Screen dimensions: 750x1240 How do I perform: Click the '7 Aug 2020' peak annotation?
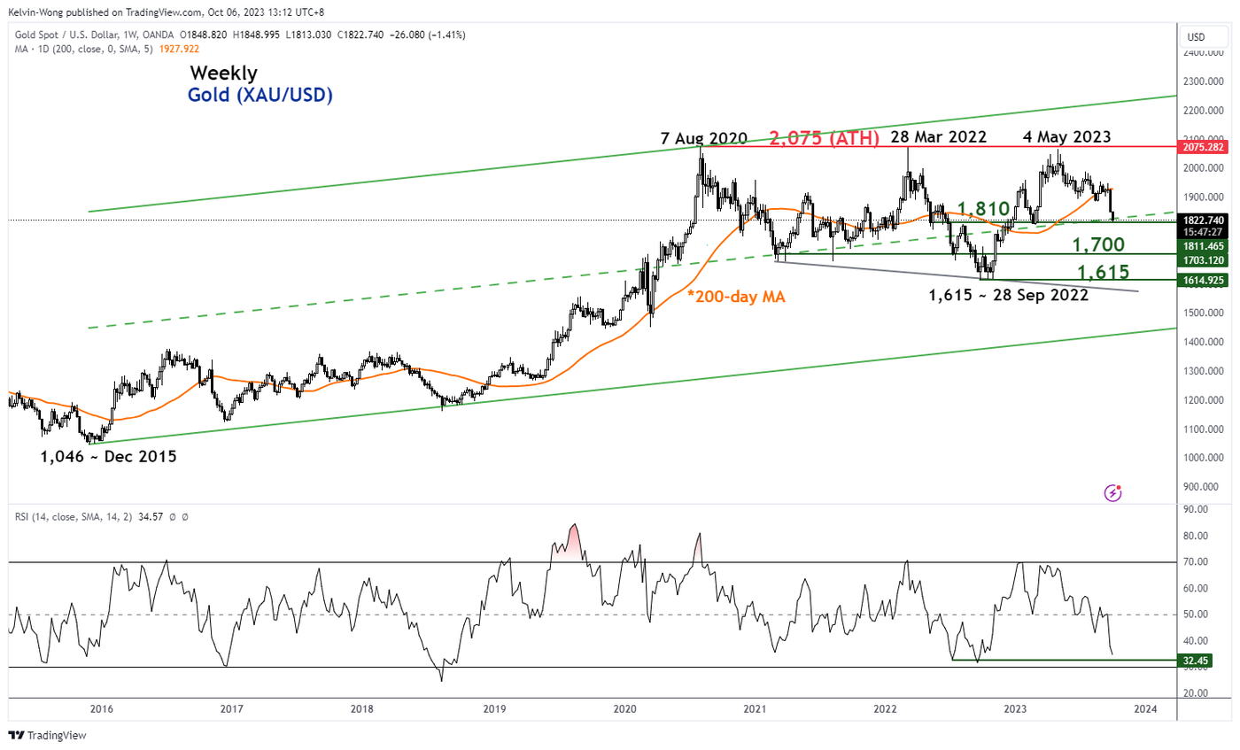704,139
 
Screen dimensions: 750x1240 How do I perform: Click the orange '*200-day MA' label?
736,298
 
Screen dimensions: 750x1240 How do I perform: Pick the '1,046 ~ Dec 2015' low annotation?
108,458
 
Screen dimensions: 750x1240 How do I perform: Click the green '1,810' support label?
984,210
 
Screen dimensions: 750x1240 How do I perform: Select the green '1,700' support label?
1099,245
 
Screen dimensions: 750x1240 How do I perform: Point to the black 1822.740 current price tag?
1205,220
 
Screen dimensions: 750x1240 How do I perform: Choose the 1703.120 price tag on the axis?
1205,260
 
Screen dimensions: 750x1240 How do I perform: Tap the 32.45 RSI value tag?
1200,661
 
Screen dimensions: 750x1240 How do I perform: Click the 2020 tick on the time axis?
625,708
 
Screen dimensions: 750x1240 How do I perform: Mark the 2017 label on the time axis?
231,708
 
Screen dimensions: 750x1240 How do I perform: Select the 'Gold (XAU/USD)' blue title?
260,96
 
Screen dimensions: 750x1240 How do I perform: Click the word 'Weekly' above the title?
222,73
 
